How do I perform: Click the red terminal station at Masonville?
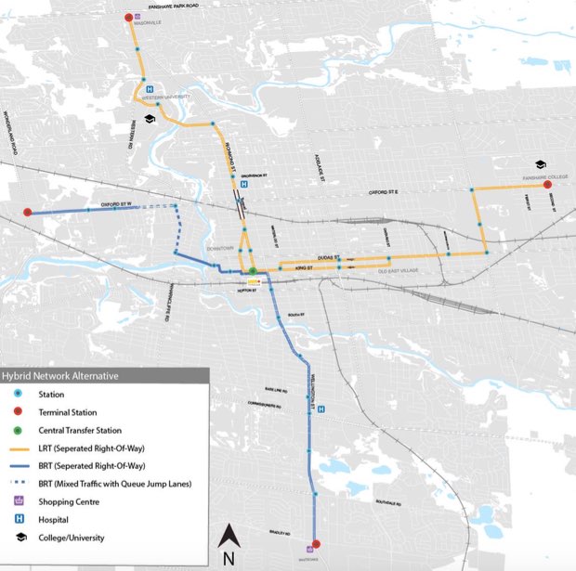[127, 19]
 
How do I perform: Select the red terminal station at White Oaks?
[316, 544]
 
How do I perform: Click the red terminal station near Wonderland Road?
[28, 213]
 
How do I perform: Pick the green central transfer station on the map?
[252, 272]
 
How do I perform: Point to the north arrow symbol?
[229, 544]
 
